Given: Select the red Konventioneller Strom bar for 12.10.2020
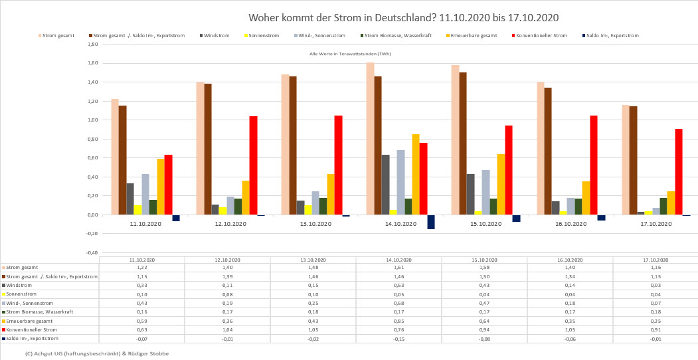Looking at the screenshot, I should (x=253, y=165).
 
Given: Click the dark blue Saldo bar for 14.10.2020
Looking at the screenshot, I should (x=431, y=222).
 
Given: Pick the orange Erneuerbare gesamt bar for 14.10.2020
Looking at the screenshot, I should (x=416, y=174).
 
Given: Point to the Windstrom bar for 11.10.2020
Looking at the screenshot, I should (x=130, y=199).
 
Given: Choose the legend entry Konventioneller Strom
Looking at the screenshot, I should (x=541, y=35).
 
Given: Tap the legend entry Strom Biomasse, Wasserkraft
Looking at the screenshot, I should (x=387, y=35).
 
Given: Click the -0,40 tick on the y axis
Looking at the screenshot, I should (x=92, y=253).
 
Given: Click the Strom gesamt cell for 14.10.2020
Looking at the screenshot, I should (x=399, y=266).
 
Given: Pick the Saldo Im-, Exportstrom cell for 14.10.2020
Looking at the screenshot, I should (x=399, y=339).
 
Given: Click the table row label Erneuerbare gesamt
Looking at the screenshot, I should (x=29, y=320).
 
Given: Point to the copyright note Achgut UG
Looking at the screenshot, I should (x=97, y=353).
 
